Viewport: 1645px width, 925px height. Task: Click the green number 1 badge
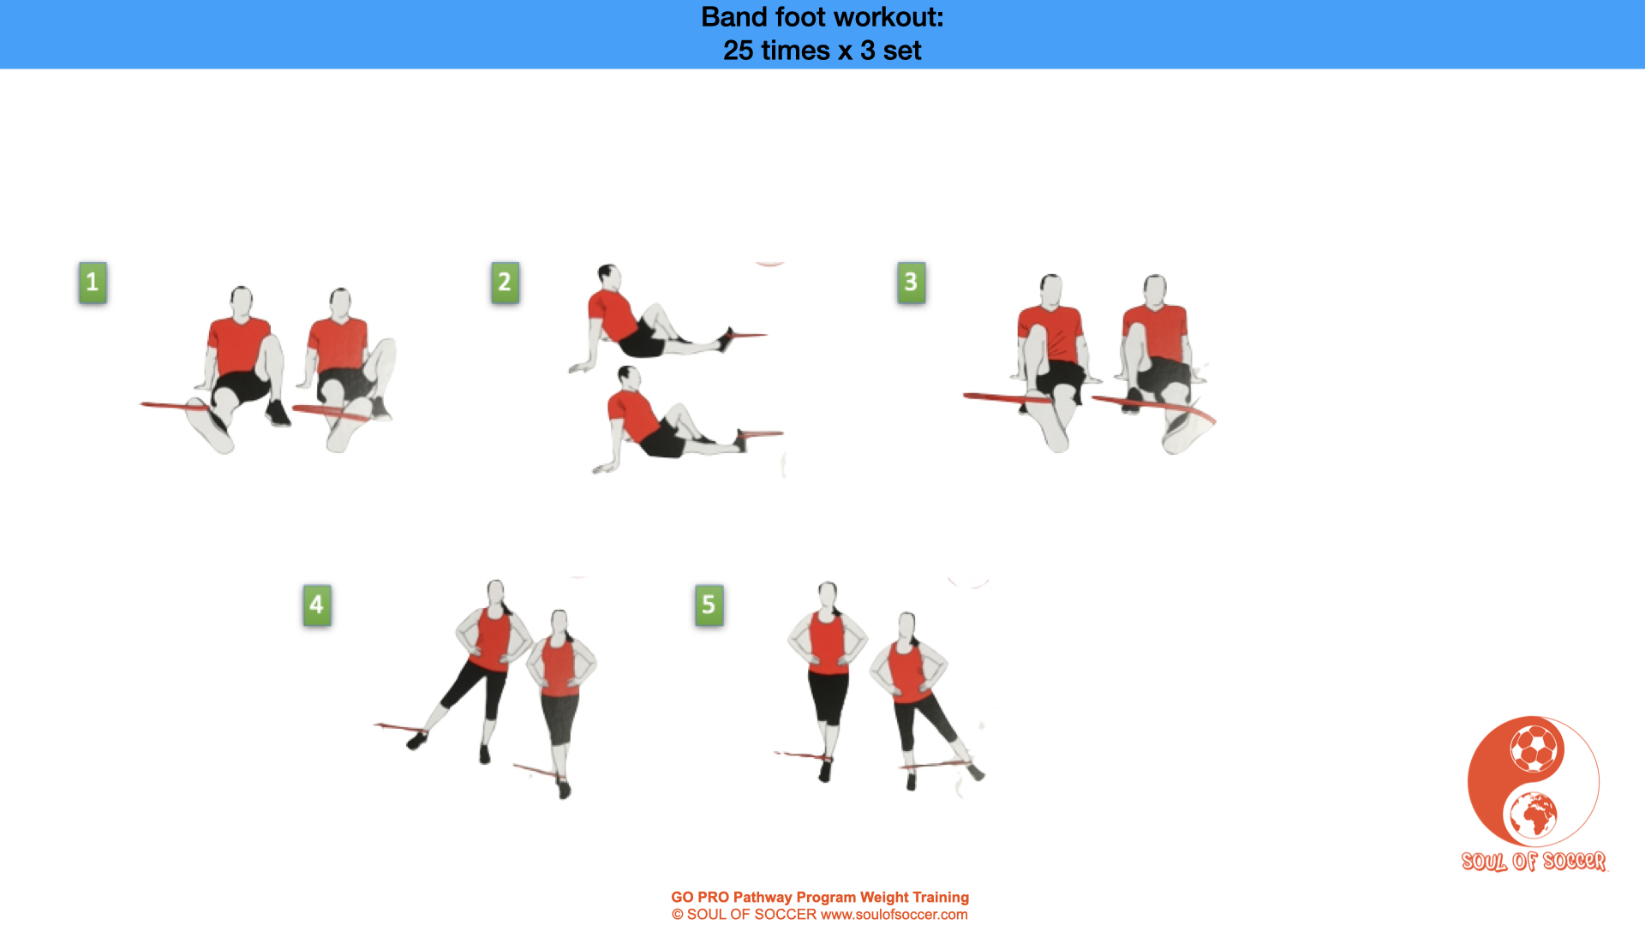(93, 283)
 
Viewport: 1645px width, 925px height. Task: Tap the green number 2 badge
(505, 283)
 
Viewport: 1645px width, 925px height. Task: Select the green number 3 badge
(911, 283)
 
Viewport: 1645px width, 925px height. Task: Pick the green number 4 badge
(317, 606)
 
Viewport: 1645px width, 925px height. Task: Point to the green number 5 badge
(709, 606)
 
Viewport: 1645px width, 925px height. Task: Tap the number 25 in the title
(738, 51)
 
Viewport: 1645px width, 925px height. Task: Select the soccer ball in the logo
(1534, 749)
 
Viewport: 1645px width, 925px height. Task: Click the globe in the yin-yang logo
(1534, 815)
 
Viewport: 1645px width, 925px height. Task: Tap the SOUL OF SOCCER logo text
(1534, 861)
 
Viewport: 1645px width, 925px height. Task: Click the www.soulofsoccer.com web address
(894, 915)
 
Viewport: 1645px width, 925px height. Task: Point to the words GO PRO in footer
(700, 898)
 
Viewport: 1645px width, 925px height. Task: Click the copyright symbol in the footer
(678, 915)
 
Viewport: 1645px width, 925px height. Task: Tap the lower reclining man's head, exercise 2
(629, 378)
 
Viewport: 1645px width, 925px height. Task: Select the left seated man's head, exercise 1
(242, 301)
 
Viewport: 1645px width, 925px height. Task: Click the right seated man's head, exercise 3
(1155, 289)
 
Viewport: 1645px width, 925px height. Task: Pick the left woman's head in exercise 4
(496, 594)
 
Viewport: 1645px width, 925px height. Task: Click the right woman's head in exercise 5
(906, 626)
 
